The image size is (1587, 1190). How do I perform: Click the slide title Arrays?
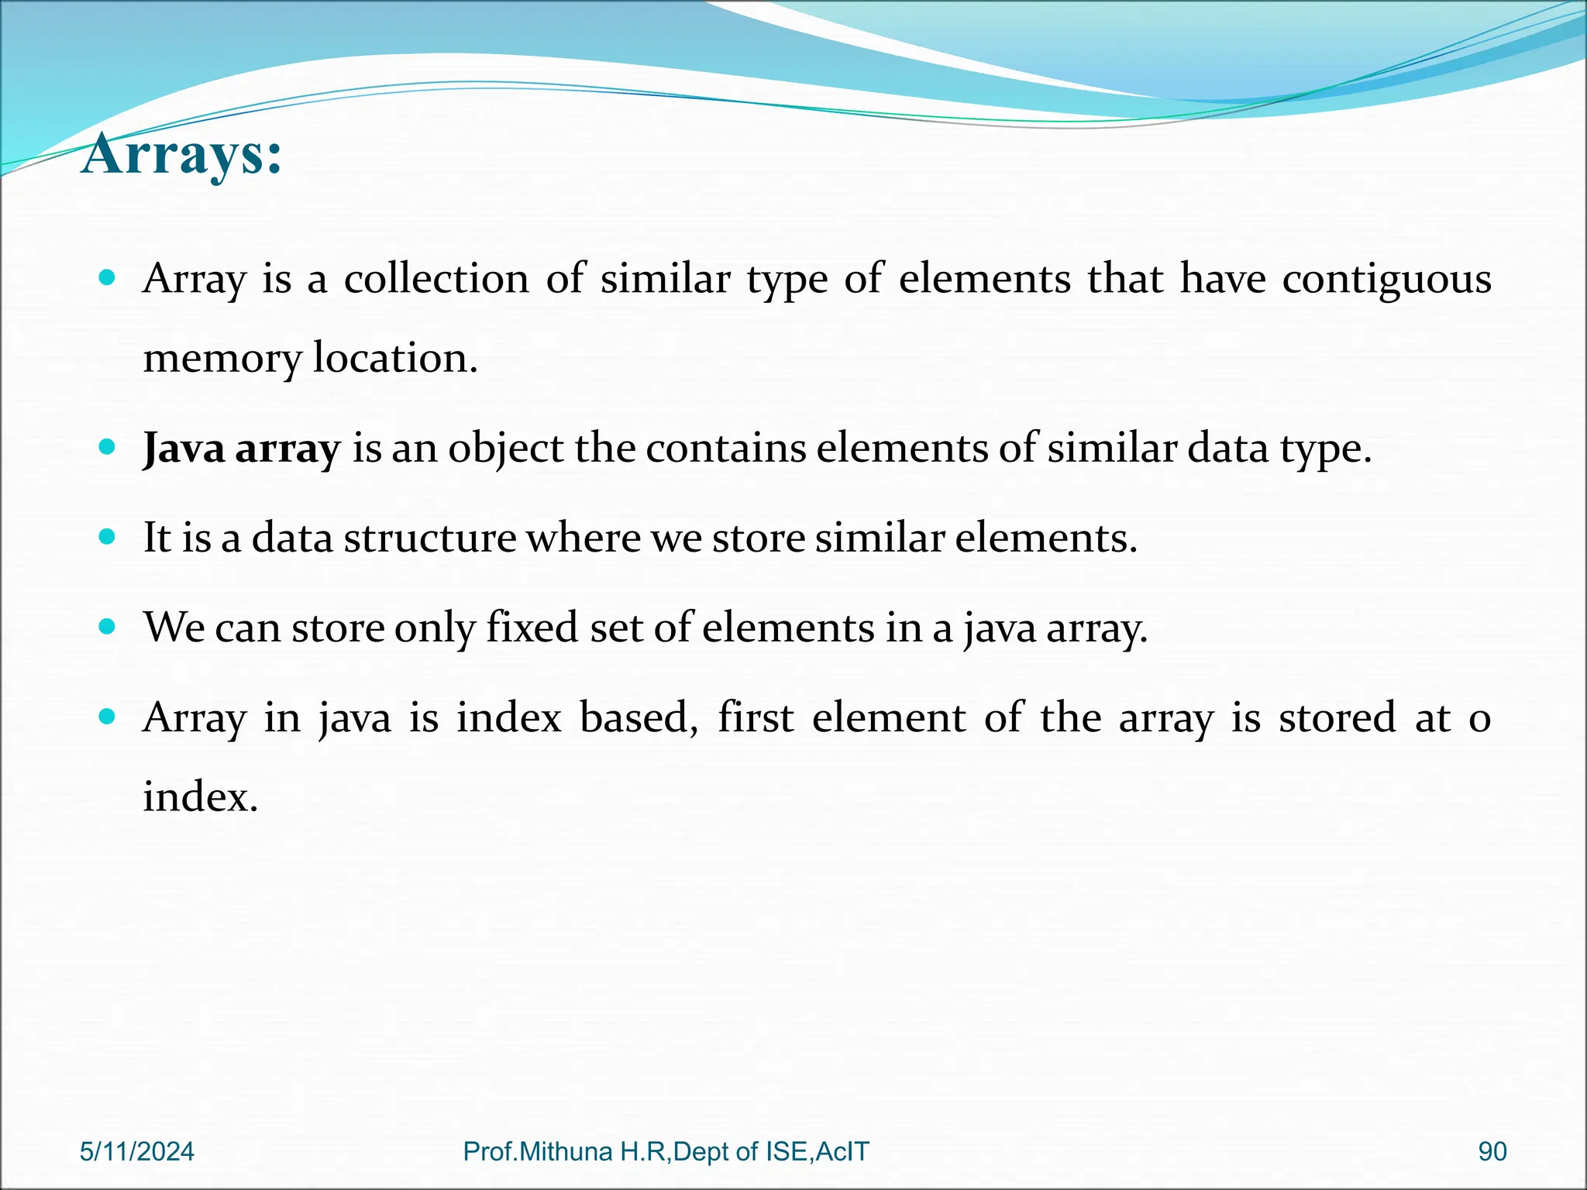(x=181, y=155)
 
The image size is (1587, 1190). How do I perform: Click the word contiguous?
(x=1386, y=279)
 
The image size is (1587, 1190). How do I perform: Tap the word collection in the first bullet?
(x=436, y=279)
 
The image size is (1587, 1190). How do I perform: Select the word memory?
(x=222, y=359)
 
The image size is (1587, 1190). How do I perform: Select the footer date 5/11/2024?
(x=137, y=1151)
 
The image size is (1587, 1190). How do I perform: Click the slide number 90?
(x=1492, y=1151)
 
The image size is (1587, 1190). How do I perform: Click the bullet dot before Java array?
(x=108, y=447)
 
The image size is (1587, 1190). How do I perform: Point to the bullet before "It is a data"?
(x=108, y=536)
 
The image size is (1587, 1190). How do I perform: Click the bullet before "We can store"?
(x=108, y=626)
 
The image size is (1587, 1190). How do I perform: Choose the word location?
(x=395, y=358)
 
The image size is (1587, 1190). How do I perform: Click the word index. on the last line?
(x=200, y=796)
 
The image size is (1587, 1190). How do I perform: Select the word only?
(x=435, y=628)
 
